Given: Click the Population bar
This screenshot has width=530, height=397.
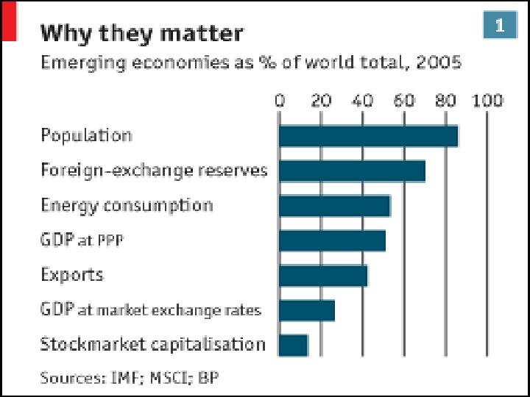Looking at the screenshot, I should point(368,136).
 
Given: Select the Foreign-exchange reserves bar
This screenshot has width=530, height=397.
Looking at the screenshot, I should point(352,171).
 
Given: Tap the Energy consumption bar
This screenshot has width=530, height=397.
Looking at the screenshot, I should point(334,206).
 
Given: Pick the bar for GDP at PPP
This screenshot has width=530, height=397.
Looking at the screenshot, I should point(332,240).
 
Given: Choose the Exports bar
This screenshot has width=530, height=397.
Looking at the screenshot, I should point(323,276).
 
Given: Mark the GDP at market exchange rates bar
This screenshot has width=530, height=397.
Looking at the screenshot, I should point(307,310).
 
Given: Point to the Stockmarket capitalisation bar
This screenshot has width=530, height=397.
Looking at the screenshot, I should point(293,345).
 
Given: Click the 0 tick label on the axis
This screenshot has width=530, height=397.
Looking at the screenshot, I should point(280,101).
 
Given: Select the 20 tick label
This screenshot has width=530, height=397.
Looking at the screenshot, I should point(321,101).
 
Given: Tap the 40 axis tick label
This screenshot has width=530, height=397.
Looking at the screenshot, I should point(363,101).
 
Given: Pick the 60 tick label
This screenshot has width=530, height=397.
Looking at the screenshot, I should point(404,101).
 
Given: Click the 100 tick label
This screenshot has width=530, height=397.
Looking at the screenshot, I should point(487,101).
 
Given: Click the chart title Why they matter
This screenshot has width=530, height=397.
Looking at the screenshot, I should point(141,34).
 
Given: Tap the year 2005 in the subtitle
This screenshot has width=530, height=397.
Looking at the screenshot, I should point(439,62).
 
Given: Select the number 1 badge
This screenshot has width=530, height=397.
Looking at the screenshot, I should point(500,26).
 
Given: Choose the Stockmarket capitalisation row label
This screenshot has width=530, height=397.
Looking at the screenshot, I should point(152,344).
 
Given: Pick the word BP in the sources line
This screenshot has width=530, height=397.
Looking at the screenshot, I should point(209,378).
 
